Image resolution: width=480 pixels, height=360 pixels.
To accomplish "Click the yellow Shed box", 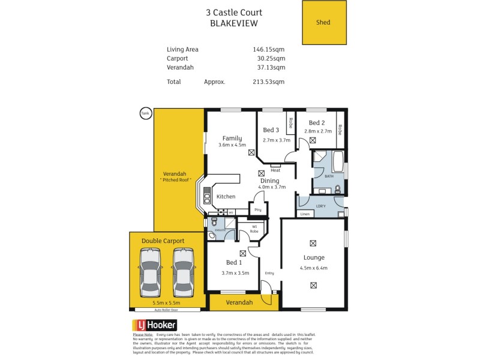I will tap(324, 23).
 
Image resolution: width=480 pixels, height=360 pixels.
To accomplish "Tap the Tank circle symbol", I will tap(145, 113).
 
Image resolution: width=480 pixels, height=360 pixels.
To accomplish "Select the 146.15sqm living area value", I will tap(269, 49).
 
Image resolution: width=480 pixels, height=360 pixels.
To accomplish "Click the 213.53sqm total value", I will tap(269, 82).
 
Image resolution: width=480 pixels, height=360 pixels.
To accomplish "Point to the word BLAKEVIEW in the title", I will tap(234, 23).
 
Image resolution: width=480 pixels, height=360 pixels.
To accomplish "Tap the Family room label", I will tap(232, 138).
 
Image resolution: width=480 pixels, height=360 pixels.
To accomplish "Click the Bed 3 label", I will tap(271, 130).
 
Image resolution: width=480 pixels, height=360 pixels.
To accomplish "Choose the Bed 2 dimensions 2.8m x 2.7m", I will tap(317, 131).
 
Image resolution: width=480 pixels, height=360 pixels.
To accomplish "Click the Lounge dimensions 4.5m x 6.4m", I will tap(314, 268).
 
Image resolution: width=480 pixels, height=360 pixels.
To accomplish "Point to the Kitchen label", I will tap(226, 196).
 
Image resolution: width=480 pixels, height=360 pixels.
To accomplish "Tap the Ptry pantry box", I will tap(259, 209).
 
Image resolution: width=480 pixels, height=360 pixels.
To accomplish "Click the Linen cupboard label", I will tap(305, 214).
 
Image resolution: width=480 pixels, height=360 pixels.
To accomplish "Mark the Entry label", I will tap(269, 273).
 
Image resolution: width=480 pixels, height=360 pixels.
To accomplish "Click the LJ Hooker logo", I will tap(154, 325).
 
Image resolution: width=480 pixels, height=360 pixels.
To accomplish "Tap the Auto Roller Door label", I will tap(167, 310).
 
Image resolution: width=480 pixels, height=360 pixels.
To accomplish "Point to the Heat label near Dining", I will tap(275, 170).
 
